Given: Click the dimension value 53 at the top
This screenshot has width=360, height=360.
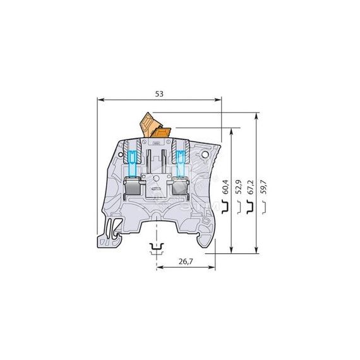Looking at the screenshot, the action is tap(159, 94).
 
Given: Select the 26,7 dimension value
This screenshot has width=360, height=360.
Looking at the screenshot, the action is tap(186, 261).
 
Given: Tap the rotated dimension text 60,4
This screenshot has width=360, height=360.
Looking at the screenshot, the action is tap(226, 187).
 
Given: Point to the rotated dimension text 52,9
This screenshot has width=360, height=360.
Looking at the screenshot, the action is tap(239, 187).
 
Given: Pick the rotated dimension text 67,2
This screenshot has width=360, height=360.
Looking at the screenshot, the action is tap(251, 187).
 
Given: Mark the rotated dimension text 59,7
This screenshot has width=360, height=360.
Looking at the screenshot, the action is tap(264, 187).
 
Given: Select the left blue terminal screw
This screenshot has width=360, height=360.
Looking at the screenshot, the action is tap(132, 164).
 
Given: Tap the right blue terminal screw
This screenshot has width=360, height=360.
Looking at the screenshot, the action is tap(181, 164).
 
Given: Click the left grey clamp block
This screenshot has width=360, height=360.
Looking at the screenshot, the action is tap(132, 186).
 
